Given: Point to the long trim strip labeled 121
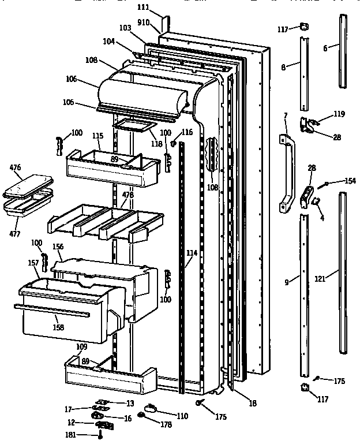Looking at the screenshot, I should coord(343,271).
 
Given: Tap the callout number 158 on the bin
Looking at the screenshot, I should coord(58,327).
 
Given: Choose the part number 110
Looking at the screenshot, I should coord(182,415).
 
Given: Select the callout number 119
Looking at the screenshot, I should coord(339,114).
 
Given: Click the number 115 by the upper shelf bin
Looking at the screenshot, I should coord(97,136).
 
